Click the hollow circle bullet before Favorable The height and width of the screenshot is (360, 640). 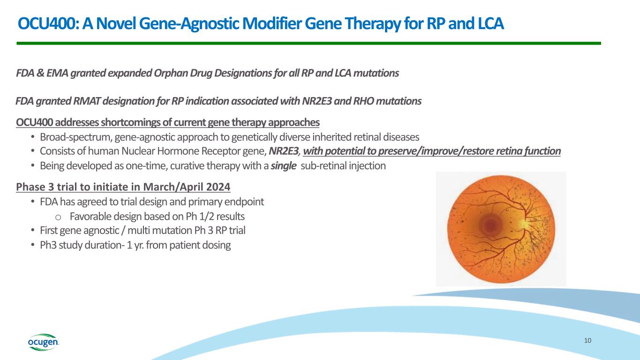[x=58, y=217]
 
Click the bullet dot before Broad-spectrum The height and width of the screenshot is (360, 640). [x=32, y=137]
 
